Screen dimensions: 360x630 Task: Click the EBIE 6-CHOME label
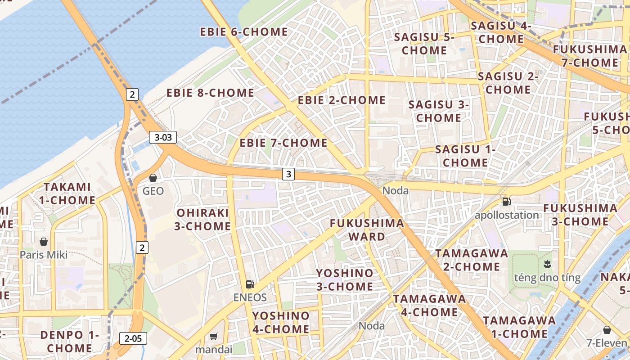[x=244, y=32]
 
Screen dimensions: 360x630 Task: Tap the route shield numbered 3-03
[x=163, y=137]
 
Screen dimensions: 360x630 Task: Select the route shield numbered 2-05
[x=133, y=338]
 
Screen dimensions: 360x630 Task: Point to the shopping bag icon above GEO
[x=153, y=178]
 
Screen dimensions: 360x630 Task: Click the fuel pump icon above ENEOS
[x=250, y=284]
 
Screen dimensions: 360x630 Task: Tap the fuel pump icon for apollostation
[x=507, y=202]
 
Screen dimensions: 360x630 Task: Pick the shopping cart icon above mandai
[x=214, y=336]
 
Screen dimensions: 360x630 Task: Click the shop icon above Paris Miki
[x=44, y=242]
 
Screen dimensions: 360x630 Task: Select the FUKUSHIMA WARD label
[x=367, y=230]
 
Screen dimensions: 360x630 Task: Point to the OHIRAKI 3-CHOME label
[x=202, y=219]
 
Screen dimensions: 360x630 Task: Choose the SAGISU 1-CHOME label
[x=465, y=156]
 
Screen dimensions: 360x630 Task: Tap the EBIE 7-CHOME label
[x=283, y=143]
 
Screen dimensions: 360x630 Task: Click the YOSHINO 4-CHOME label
[x=281, y=322]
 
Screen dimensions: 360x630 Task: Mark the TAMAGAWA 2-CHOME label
[x=472, y=260]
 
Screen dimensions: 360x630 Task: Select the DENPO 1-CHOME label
[x=70, y=341]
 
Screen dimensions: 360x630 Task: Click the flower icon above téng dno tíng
[x=547, y=263]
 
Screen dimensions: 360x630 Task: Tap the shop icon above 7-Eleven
[x=607, y=330]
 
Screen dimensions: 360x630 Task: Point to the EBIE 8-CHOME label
[x=210, y=93]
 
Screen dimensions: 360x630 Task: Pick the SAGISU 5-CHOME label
[x=424, y=44]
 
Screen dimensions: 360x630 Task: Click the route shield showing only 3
[x=288, y=174]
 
